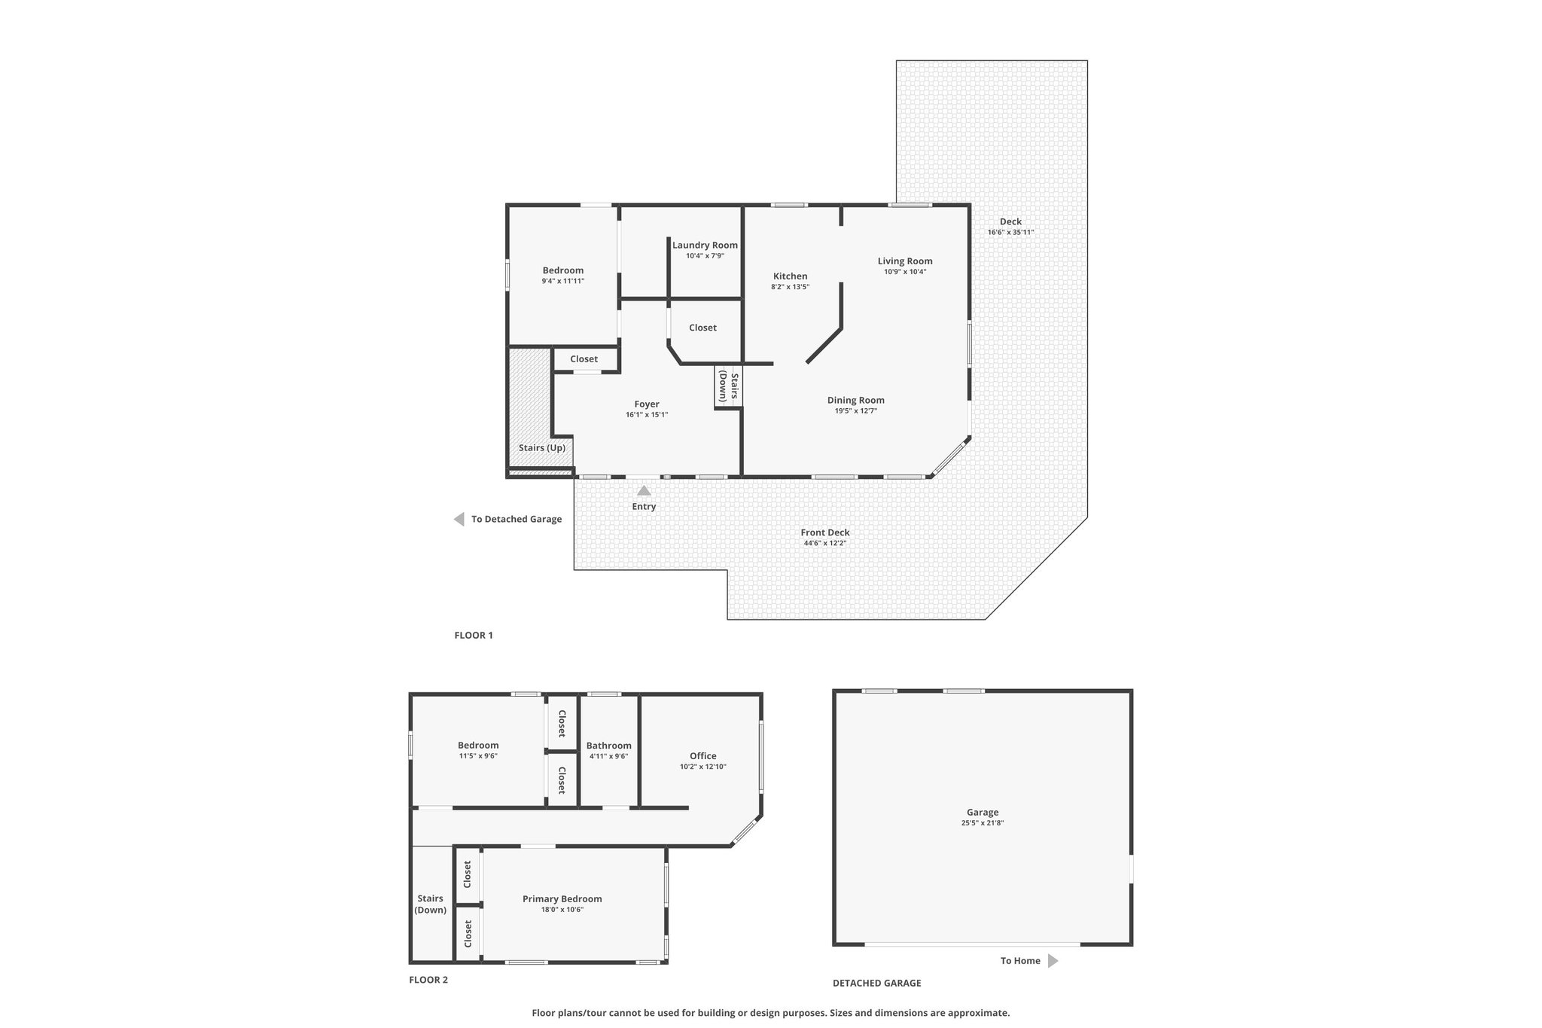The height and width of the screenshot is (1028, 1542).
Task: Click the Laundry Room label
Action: [705, 245]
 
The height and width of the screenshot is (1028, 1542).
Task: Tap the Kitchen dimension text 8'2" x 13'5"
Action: [790, 287]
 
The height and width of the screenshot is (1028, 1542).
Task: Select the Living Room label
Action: [905, 261]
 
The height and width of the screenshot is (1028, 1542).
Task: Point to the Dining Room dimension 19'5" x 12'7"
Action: [856, 411]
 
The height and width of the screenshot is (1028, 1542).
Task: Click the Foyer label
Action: [647, 404]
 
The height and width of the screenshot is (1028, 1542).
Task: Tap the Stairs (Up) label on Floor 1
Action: [542, 448]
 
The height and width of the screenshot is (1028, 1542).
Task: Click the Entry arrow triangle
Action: [644, 490]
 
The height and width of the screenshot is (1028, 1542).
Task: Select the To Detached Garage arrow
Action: [459, 519]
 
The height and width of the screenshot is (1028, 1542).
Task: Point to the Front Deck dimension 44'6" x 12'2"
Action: [825, 543]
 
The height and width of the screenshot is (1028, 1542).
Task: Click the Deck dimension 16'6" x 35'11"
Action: [1010, 232]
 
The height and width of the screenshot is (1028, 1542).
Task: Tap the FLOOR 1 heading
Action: [474, 635]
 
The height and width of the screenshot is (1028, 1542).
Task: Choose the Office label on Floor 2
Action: [703, 756]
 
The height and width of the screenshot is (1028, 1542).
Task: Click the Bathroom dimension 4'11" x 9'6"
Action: [608, 756]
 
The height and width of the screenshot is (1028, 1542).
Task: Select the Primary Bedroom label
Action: [562, 898]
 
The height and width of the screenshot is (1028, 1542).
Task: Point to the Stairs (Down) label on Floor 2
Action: [431, 904]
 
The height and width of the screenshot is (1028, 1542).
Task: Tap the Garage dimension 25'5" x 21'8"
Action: [983, 823]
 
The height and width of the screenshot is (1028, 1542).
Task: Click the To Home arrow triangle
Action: [1053, 961]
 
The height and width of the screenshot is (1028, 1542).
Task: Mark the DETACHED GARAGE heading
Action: [876, 983]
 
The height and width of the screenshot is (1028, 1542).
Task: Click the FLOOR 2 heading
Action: [428, 980]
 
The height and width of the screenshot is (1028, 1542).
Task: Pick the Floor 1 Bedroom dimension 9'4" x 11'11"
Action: [562, 281]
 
